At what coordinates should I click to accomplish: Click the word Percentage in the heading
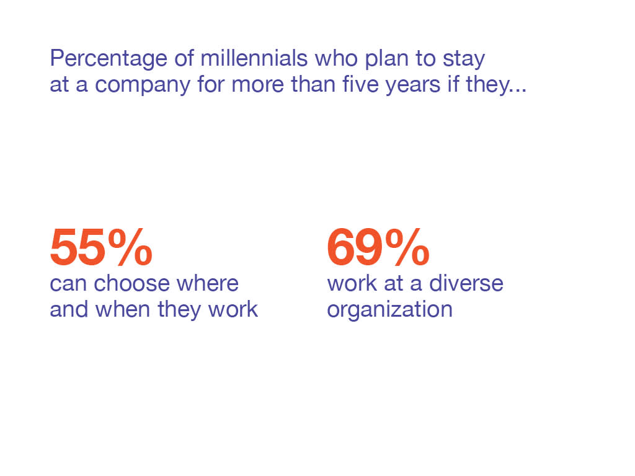(108, 59)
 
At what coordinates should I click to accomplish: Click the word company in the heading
(142, 86)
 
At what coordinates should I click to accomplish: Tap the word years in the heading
(412, 86)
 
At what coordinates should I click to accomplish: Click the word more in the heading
(257, 86)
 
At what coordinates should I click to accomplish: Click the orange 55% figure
(101, 247)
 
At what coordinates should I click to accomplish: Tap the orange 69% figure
(378, 247)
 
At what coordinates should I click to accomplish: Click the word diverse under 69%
(466, 283)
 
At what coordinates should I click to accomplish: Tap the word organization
(389, 310)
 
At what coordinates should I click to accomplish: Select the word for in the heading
(211, 84)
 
